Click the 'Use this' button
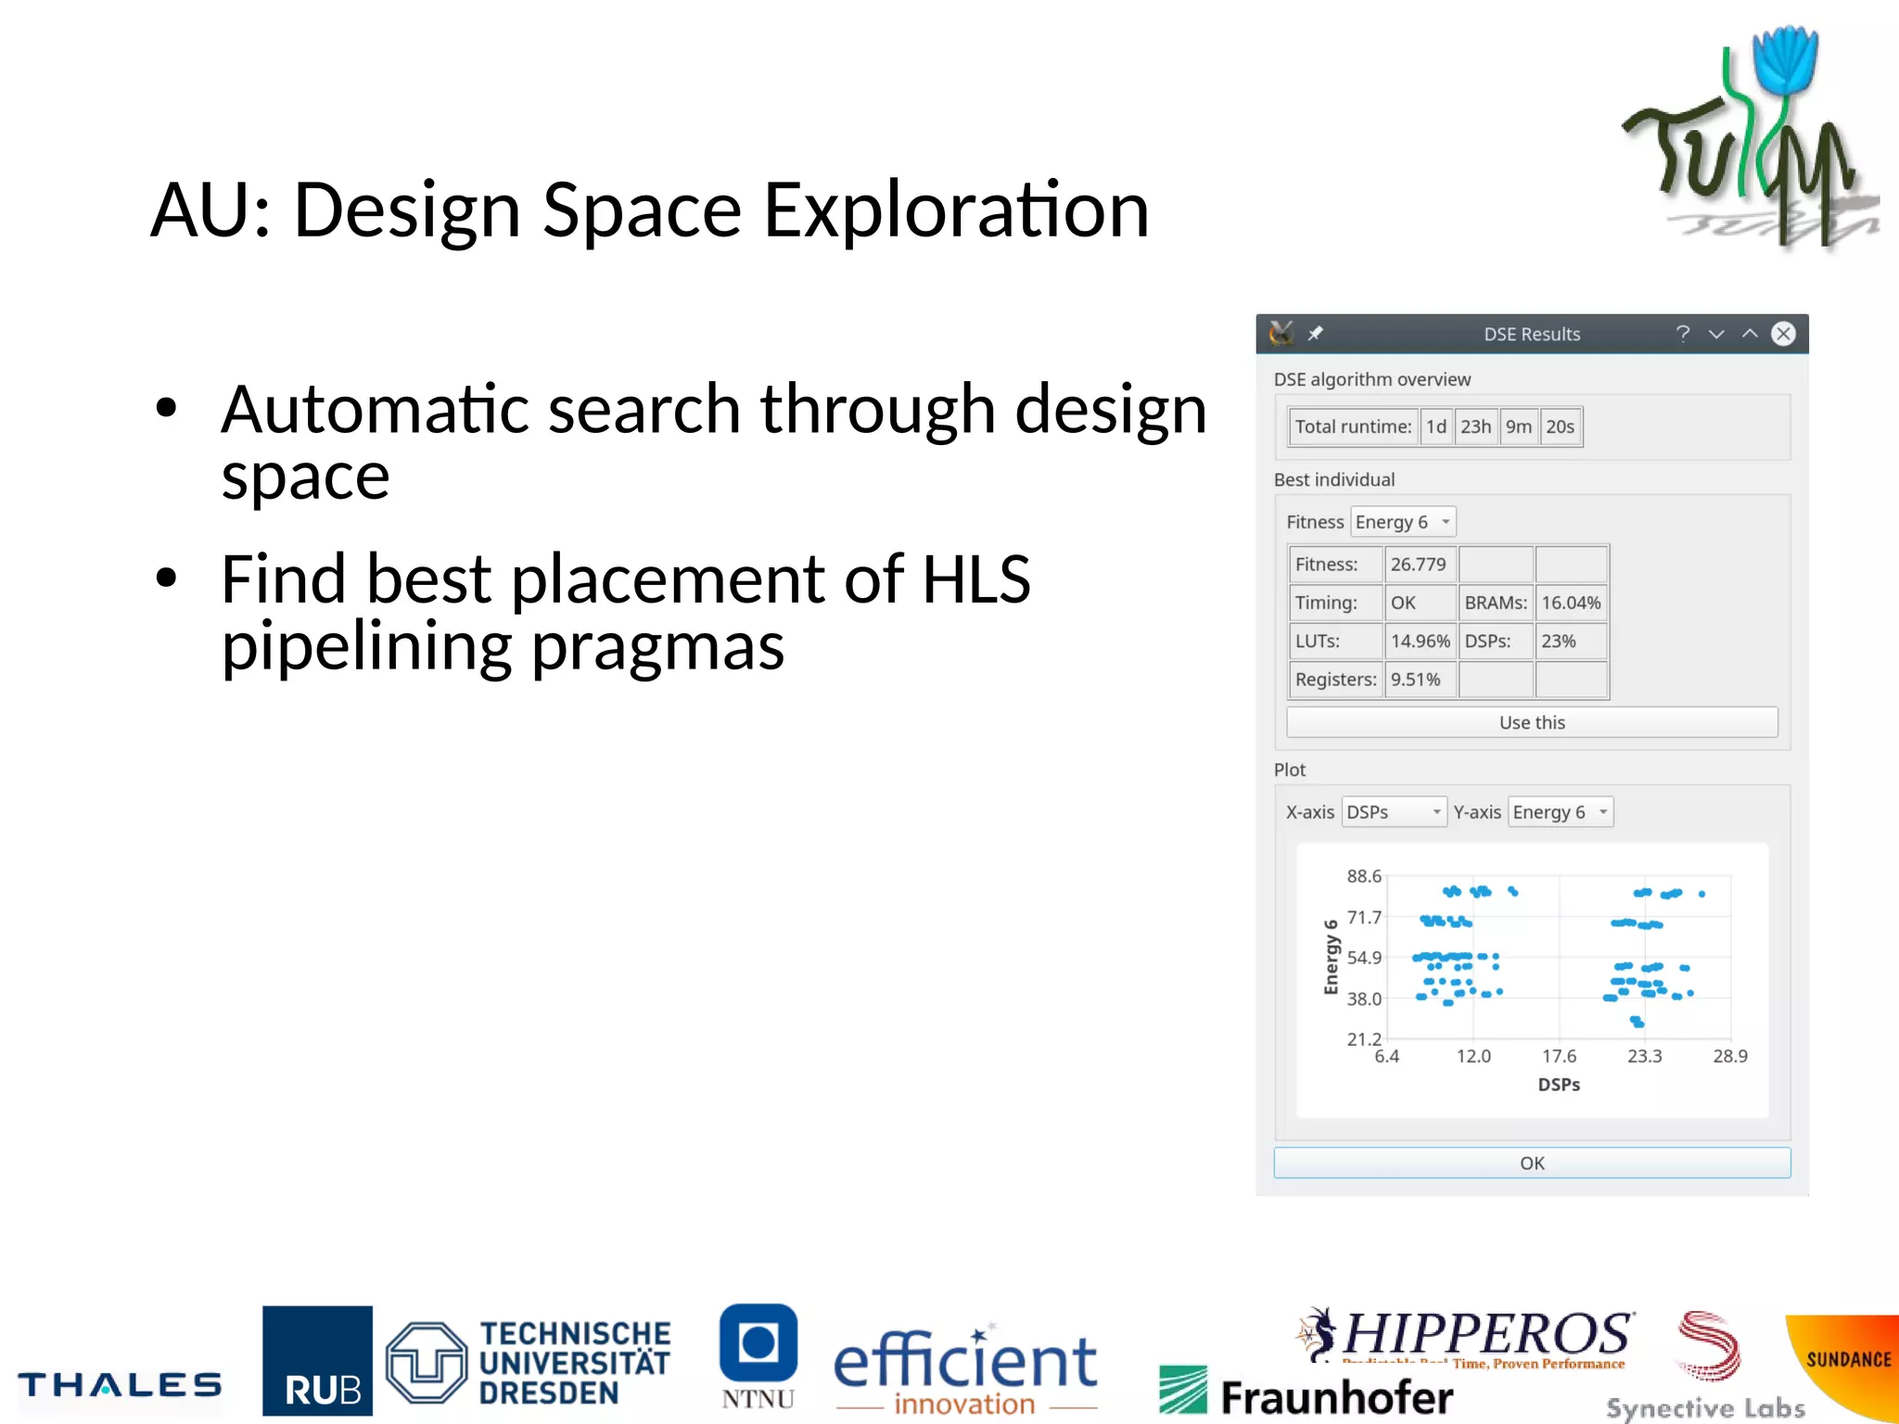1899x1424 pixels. [x=1531, y=722]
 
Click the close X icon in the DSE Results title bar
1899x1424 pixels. [x=1782, y=334]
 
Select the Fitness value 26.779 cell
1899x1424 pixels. [x=1419, y=564]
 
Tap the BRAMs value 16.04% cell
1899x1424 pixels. [x=1571, y=603]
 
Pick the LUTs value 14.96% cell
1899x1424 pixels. [x=1420, y=641]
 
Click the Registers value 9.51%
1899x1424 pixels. [x=1416, y=680]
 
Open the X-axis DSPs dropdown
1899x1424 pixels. [x=1394, y=812]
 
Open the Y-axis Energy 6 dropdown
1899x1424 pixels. [x=1561, y=812]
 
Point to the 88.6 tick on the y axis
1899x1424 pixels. [x=1364, y=876]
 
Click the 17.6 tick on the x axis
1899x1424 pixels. [x=1559, y=1056]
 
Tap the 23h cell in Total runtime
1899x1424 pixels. [x=1475, y=426]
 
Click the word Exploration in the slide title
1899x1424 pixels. [x=955, y=211]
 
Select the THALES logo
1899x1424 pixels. [x=120, y=1385]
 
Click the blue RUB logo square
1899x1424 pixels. [x=317, y=1360]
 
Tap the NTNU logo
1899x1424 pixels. [x=758, y=1357]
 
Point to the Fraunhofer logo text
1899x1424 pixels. [x=1335, y=1397]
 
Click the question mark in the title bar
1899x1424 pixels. [x=1682, y=334]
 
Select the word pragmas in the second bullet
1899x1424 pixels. [x=657, y=646]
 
